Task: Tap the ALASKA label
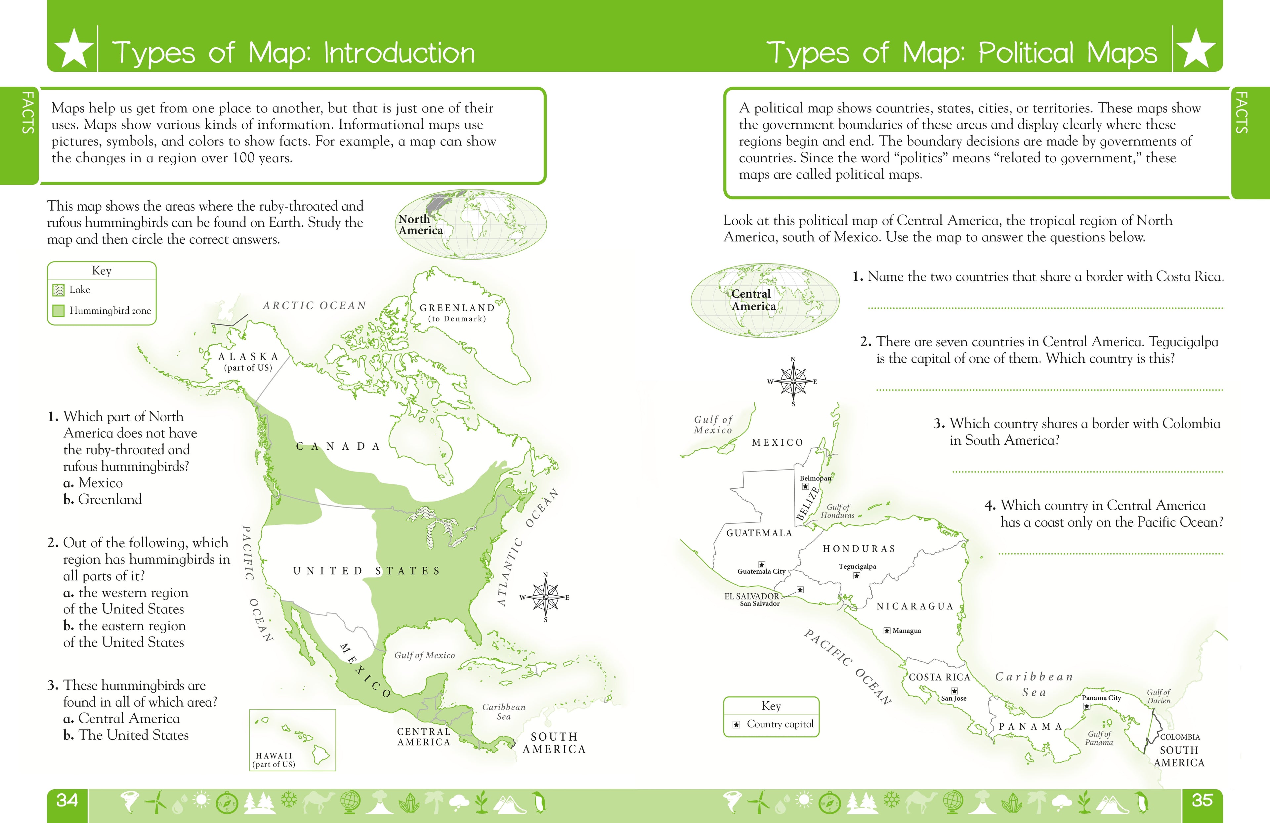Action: pyautogui.click(x=248, y=356)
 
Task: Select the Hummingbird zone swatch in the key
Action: pyautogui.click(x=59, y=310)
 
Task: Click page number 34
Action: pyautogui.click(x=67, y=800)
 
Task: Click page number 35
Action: pyautogui.click(x=1202, y=800)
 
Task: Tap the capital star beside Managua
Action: pyautogui.click(x=887, y=631)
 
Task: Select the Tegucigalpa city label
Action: pyautogui.click(x=857, y=566)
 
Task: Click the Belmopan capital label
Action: pyautogui.click(x=815, y=478)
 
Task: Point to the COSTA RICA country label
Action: pyautogui.click(x=939, y=677)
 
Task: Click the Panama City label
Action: pyautogui.click(x=1101, y=698)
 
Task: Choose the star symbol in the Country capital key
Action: pyautogui.click(x=737, y=724)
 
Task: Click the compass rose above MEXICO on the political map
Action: pyautogui.click(x=793, y=381)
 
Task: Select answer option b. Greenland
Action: pyautogui.click(x=103, y=499)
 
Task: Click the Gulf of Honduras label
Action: pyautogui.click(x=838, y=511)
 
